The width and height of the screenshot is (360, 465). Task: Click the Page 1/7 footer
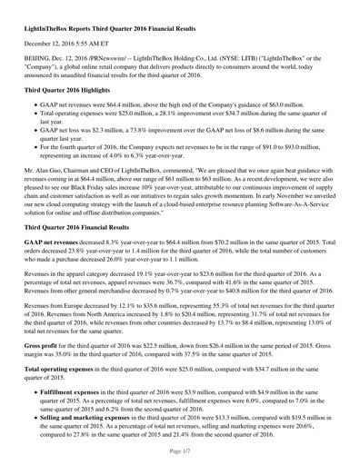pos(180,452)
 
